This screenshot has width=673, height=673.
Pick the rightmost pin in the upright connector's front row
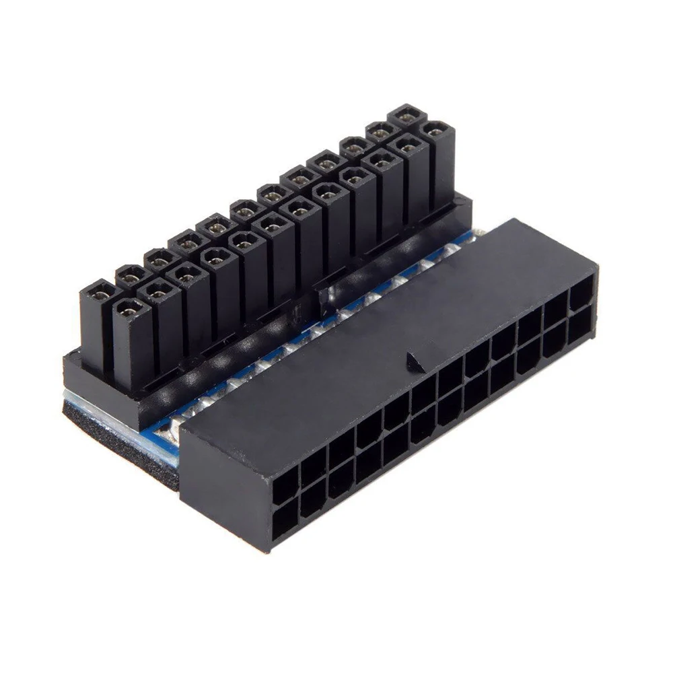(x=437, y=131)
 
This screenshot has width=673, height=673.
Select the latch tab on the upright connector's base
(x=322, y=296)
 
